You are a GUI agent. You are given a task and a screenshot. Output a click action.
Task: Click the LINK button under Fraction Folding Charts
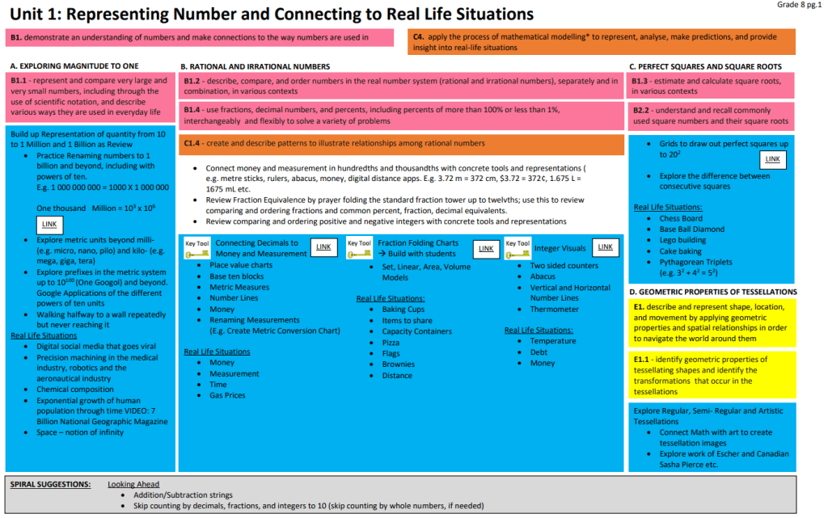click(486, 249)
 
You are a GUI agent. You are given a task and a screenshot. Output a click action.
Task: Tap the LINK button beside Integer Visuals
click(605, 247)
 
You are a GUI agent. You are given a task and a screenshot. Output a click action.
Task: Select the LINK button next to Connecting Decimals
click(324, 247)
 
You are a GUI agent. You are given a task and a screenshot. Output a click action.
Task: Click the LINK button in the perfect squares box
click(774, 159)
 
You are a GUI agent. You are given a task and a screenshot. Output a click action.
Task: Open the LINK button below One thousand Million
click(50, 224)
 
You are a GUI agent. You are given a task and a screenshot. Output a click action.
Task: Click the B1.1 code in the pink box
click(19, 81)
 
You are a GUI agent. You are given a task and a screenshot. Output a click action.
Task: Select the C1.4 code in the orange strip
click(192, 143)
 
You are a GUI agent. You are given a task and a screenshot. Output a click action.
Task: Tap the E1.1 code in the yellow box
click(643, 360)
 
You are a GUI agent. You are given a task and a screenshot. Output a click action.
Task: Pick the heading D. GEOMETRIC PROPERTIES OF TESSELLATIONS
click(712, 292)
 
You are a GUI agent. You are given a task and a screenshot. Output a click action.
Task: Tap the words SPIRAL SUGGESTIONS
click(50, 484)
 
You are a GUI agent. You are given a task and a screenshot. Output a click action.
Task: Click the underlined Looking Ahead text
click(133, 484)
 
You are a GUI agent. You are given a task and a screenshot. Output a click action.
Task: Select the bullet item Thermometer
click(555, 310)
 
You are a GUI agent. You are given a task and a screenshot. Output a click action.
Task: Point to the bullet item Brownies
click(399, 364)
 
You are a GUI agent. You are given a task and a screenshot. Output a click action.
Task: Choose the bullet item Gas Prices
click(227, 396)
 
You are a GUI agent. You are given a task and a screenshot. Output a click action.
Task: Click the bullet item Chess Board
click(681, 218)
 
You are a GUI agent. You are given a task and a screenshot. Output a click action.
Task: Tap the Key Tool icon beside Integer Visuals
click(517, 248)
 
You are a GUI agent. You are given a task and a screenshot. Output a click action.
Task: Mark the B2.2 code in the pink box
click(642, 110)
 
